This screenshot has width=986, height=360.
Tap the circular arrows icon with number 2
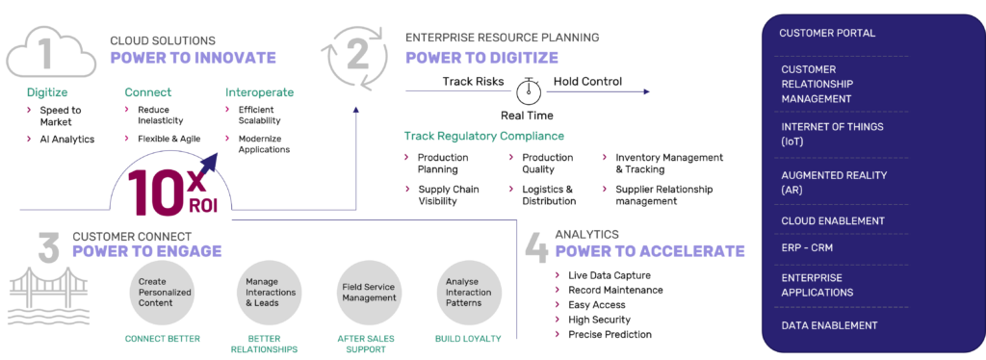pos(357,53)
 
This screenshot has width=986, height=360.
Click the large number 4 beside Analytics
pos(536,246)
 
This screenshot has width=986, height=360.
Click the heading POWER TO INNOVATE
pos(193,58)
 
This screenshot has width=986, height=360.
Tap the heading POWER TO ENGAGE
pos(146,250)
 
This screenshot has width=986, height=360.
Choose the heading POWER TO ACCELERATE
pos(649,251)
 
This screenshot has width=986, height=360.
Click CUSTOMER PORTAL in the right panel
pos(827,33)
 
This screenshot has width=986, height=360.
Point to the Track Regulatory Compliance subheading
pos(483,136)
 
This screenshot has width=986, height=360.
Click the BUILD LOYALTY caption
pos(469,340)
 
